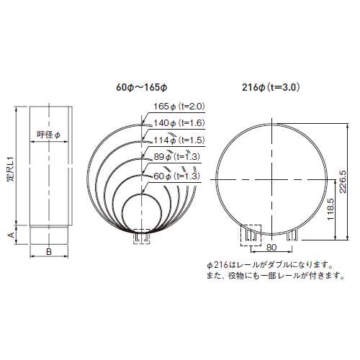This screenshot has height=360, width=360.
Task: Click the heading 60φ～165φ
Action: pos(142,87)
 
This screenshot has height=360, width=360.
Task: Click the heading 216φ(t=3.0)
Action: pos(271,87)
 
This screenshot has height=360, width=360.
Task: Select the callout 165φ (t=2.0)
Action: pos(179,107)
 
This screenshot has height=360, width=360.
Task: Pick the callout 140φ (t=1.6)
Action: pos(179,123)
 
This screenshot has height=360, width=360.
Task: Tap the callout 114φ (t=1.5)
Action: pos(179,140)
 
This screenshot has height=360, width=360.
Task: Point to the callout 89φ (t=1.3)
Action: pos(176,157)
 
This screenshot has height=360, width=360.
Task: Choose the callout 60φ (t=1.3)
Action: pos(176,176)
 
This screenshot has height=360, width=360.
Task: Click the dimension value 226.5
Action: pos(343,181)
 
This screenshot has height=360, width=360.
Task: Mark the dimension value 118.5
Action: pos(330,209)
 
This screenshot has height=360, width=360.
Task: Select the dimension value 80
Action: pos(271,248)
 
